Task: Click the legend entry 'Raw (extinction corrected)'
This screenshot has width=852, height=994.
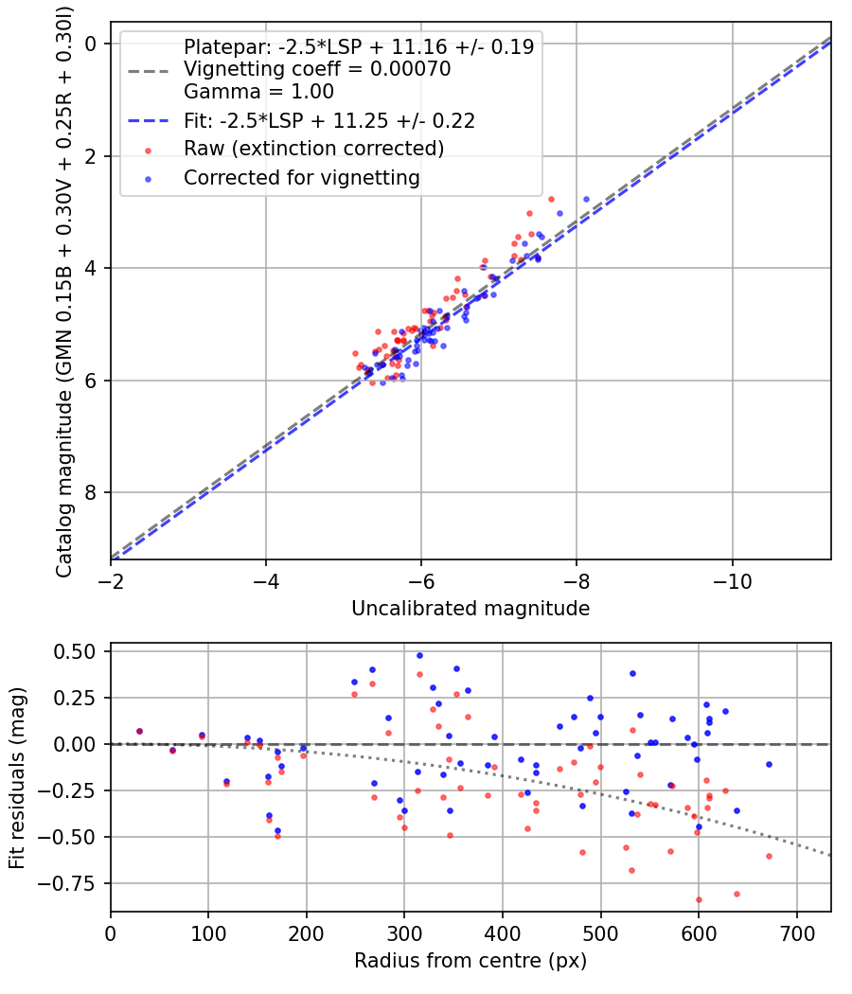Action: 313,149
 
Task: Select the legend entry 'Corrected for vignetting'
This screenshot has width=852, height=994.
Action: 302,177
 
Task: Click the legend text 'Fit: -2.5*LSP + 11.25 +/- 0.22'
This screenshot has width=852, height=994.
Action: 328,120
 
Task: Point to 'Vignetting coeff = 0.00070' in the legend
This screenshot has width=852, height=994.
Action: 317,69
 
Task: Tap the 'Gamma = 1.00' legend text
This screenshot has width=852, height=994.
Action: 258,92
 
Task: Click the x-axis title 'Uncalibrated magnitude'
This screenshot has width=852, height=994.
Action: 470,609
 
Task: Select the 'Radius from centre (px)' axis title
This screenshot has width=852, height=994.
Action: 470,961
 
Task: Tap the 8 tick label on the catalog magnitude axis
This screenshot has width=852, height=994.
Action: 91,492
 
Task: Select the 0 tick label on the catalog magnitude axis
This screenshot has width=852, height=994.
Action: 91,44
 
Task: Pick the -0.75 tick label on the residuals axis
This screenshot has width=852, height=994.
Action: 75,883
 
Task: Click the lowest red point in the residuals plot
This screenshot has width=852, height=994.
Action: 699,899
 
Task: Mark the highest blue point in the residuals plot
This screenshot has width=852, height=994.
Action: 419,655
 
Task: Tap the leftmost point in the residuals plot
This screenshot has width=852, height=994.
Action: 139,731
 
